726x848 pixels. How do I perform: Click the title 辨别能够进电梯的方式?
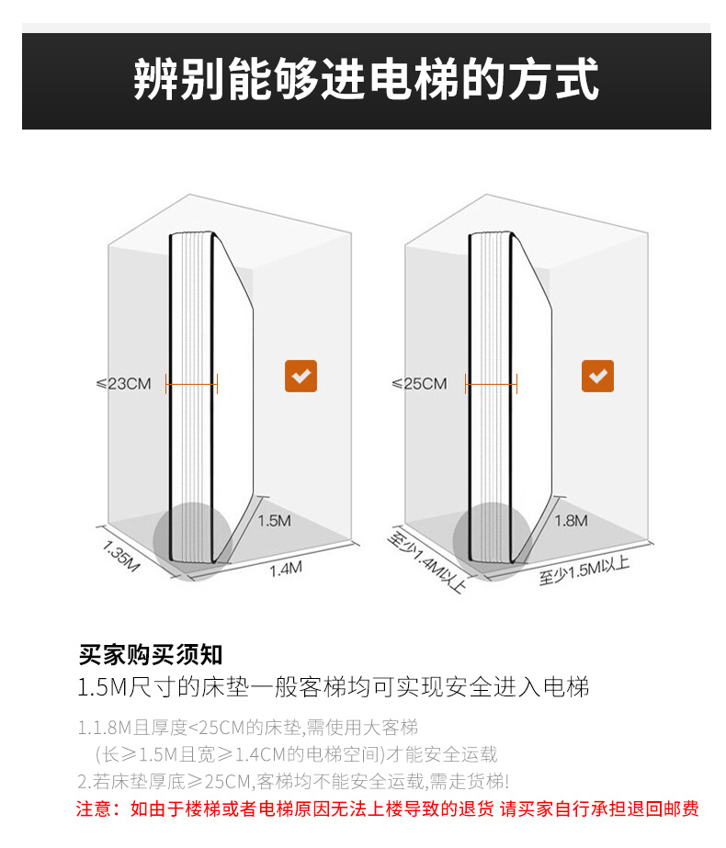click(x=366, y=80)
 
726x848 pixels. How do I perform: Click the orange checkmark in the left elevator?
click(x=301, y=376)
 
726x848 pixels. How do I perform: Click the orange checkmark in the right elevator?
click(x=597, y=376)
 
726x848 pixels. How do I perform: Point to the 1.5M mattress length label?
click(x=274, y=521)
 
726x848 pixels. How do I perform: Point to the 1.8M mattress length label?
click(x=572, y=521)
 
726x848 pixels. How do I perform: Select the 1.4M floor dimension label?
click(x=285, y=570)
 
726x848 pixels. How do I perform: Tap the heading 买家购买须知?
click(x=151, y=655)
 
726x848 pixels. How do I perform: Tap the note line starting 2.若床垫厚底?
click(x=292, y=782)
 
